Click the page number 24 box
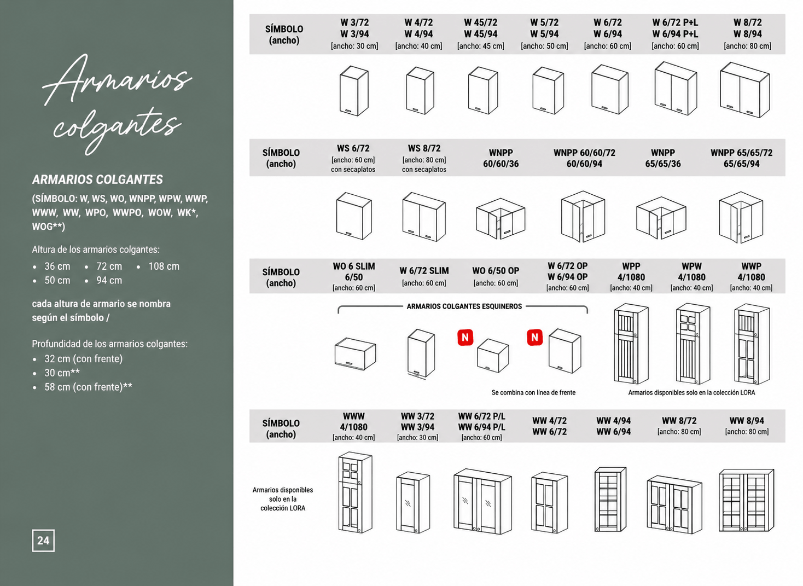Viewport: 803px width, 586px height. (43, 541)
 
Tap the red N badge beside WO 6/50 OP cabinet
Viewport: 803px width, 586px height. (465, 338)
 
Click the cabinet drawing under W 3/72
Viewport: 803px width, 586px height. (354, 91)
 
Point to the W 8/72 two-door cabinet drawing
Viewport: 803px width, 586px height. (745, 90)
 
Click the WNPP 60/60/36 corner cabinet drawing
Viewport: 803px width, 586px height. (501, 218)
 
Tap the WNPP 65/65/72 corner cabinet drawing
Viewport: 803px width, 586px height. (741, 217)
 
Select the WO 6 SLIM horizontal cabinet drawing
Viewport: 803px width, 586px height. (355, 353)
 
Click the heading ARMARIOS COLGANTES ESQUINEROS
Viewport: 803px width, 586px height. (464, 306)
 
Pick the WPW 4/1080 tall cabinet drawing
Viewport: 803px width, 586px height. (693, 344)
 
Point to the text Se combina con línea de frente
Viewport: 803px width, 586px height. (533, 393)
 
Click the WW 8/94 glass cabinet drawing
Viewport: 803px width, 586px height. (746, 500)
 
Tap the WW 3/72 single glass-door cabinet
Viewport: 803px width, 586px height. (413, 503)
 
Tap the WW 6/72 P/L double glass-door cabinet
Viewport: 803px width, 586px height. (482, 501)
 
